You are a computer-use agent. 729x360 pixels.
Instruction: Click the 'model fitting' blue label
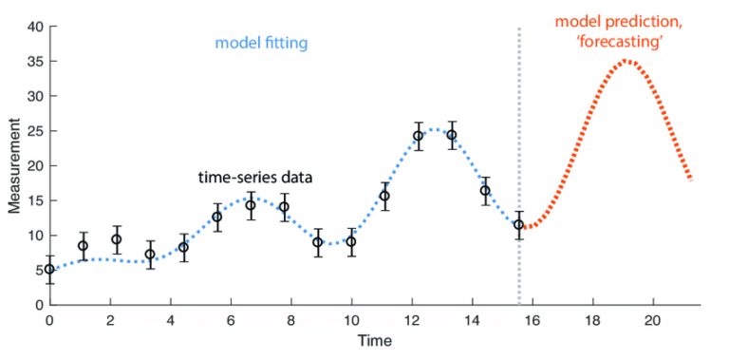[x=262, y=43]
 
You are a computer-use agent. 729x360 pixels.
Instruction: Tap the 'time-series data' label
[x=255, y=178]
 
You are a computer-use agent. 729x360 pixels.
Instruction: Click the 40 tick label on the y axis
[x=34, y=27]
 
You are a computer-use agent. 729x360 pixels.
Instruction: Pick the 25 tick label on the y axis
[x=34, y=131]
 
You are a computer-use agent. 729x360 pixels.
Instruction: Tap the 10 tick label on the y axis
[x=34, y=236]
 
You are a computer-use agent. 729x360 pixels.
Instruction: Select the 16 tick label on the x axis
[x=532, y=320]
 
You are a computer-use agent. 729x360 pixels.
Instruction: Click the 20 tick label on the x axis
[x=652, y=320]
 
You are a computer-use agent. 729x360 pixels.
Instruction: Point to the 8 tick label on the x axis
[x=291, y=320]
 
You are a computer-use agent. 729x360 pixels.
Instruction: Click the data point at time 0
[x=49, y=269]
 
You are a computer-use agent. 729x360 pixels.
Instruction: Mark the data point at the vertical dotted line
[x=518, y=225]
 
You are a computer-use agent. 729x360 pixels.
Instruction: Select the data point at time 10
[x=351, y=241]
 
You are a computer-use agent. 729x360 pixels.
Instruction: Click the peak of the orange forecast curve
[x=627, y=62]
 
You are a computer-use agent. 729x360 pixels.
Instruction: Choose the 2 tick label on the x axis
[x=110, y=320]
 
